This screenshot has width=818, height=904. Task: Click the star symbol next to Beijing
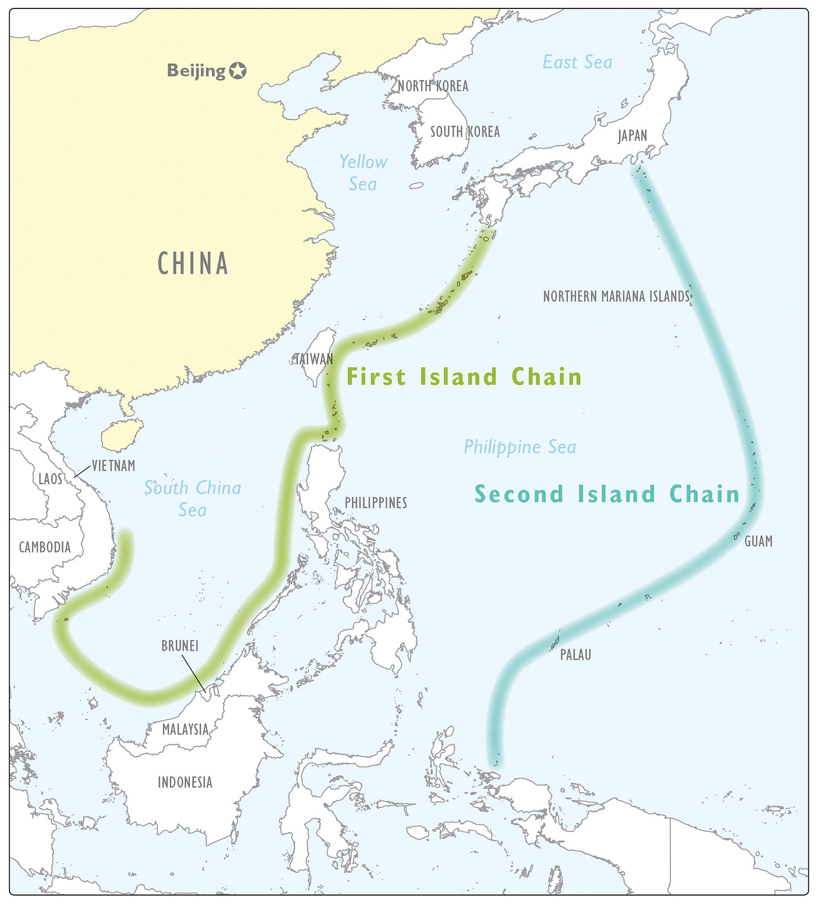[x=238, y=71]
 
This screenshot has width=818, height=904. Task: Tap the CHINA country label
[x=193, y=264]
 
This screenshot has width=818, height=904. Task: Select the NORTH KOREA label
[x=433, y=86]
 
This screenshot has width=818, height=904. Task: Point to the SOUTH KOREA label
[x=465, y=131]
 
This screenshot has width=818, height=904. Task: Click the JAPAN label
[x=633, y=136]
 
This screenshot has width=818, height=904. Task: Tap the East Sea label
[x=577, y=62]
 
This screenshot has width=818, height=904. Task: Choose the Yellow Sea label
[x=363, y=173]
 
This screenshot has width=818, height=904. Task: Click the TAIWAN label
[x=314, y=359]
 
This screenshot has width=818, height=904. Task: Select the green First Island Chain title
[x=464, y=377]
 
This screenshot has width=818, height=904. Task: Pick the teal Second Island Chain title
[x=607, y=494]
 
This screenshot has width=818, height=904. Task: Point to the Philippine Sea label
[x=520, y=447]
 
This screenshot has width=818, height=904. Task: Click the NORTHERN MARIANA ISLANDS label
[x=616, y=297]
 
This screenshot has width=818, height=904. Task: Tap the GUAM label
[x=758, y=541]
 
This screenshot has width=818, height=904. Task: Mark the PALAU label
[x=575, y=655]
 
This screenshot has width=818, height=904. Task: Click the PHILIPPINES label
[x=376, y=503]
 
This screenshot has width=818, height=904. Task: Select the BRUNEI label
[x=180, y=646]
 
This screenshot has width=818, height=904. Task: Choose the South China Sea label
[x=193, y=498]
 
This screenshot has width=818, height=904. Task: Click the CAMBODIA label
[x=45, y=547]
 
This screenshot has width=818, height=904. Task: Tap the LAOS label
[x=51, y=479]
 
